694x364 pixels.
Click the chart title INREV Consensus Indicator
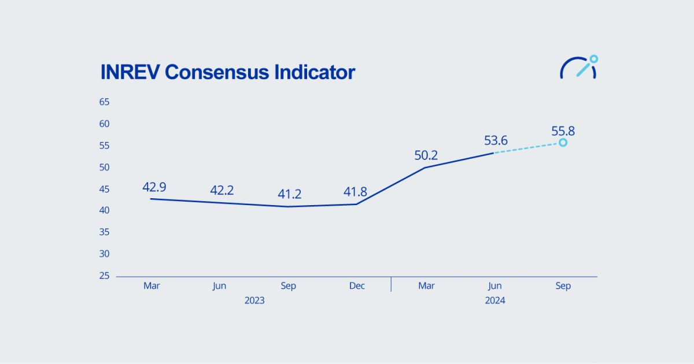227,72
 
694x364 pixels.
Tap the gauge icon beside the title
578,67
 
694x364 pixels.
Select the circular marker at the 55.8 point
563,142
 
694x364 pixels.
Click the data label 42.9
154,187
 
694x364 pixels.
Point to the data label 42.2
222,190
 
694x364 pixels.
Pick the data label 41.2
290,194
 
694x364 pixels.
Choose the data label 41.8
355,192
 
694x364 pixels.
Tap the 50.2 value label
426,155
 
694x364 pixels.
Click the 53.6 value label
496,140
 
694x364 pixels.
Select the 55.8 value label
563,130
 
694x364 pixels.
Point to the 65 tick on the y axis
104,102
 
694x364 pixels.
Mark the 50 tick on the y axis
104,168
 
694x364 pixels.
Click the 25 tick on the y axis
104,276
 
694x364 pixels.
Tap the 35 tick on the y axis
104,232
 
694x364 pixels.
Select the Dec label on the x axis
357,286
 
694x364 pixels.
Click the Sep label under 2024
563,286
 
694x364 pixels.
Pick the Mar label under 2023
152,286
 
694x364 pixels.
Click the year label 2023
254,300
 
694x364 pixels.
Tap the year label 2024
495,300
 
